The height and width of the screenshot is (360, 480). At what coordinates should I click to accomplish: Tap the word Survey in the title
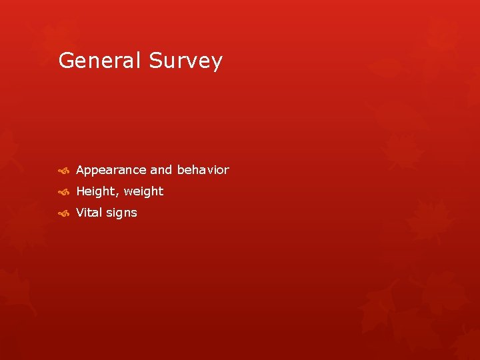(185, 61)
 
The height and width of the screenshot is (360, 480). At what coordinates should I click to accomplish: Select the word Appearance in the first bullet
(111, 171)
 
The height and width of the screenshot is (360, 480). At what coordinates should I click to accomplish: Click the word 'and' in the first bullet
(161, 170)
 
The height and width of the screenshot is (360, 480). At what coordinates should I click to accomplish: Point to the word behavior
(203, 170)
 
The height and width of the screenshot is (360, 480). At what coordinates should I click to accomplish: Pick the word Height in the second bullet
(97, 191)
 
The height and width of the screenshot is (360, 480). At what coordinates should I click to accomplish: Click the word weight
(143, 192)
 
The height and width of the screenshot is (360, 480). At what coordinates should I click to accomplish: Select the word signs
(122, 213)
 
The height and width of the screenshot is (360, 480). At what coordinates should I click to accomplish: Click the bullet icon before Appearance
(63, 171)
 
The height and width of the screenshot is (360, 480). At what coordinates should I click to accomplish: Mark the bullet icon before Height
(63, 192)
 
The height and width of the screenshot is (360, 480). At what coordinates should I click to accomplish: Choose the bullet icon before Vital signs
(63, 213)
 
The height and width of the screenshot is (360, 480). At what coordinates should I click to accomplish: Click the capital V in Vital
(81, 213)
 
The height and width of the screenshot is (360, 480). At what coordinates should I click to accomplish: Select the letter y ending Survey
(216, 63)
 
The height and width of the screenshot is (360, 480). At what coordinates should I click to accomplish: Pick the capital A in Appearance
(81, 170)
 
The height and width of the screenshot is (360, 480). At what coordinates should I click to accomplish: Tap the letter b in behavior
(180, 170)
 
